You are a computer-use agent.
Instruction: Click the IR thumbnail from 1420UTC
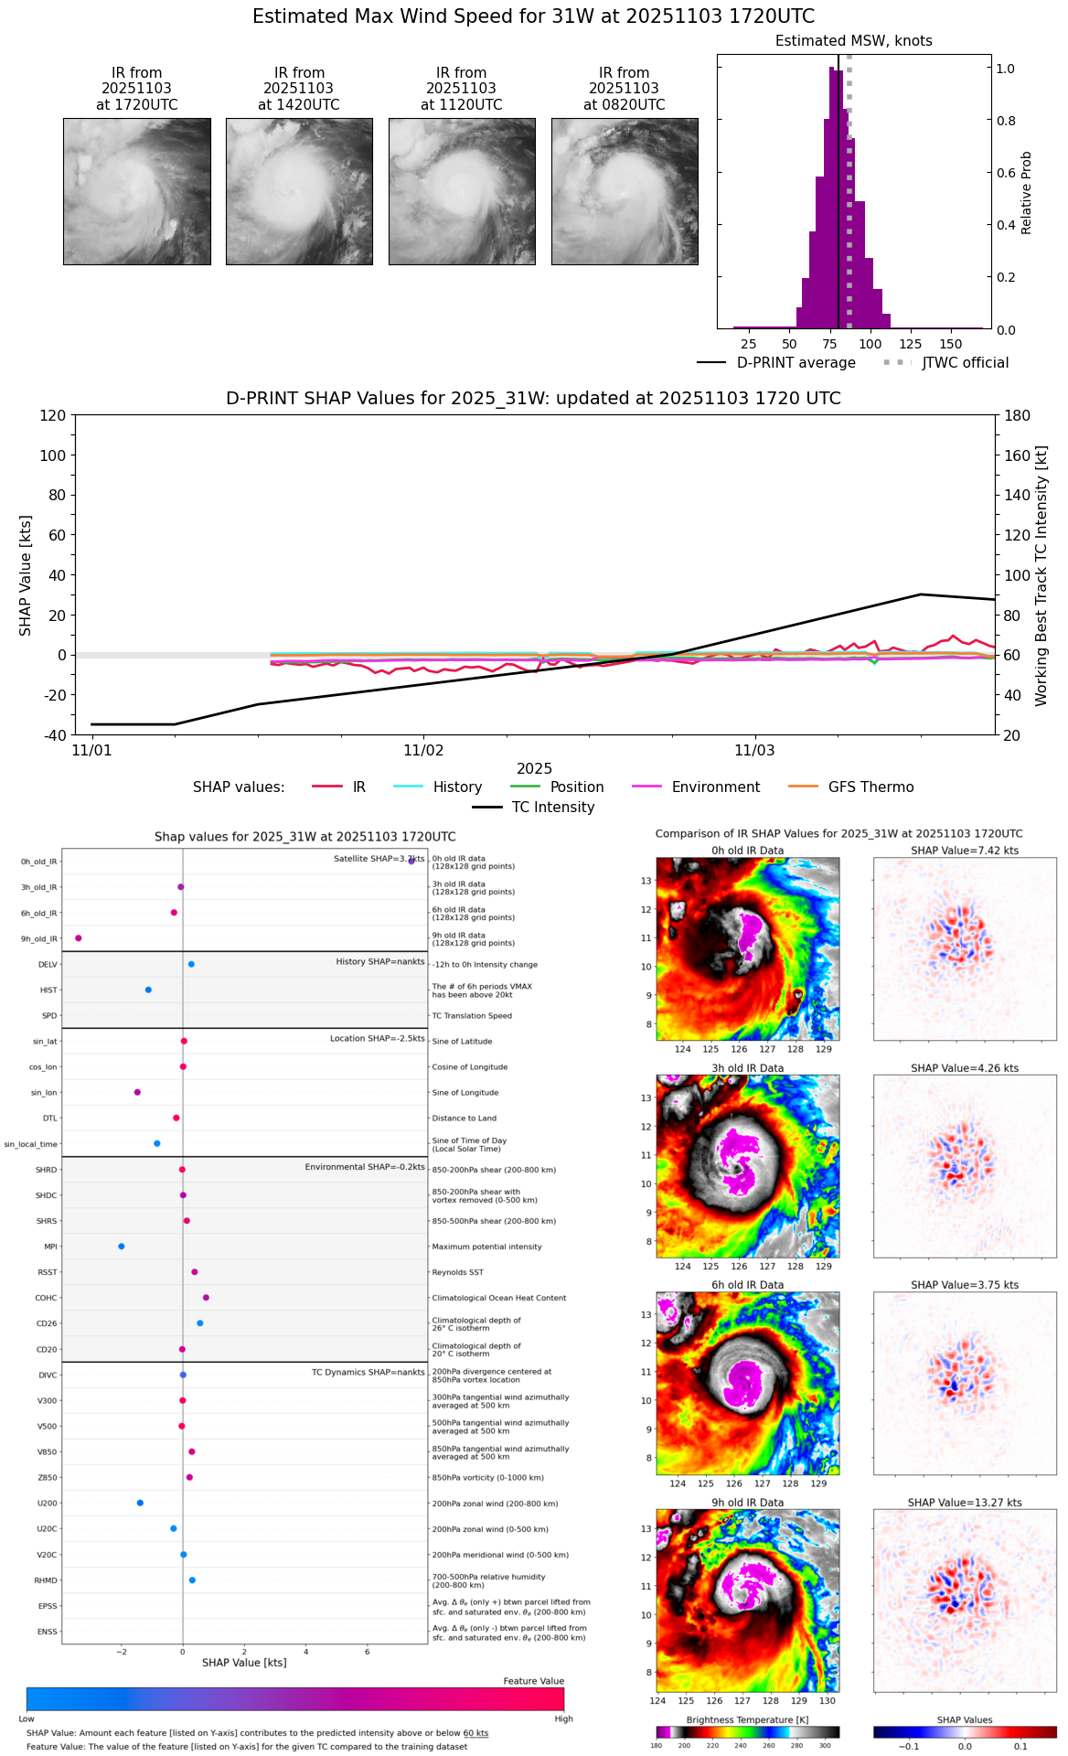tap(299, 191)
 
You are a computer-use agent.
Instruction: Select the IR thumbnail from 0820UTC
tap(625, 191)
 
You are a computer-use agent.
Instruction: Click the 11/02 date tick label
tap(423, 751)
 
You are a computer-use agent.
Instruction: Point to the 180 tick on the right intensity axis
tap(1018, 415)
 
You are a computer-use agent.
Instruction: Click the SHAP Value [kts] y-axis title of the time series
tap(26, 575)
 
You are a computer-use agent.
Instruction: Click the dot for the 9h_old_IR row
tap(79, 937)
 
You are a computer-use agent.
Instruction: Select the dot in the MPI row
tap(121, 1246)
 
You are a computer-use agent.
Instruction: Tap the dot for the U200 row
tap(140, 1503)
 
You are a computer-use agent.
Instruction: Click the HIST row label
tap(48, 990)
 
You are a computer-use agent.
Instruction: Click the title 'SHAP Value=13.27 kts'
tap(965, 1503)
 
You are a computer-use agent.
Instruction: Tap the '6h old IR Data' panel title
tap(747, 1285)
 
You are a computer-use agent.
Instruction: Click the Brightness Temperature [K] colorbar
tap(747, 1731)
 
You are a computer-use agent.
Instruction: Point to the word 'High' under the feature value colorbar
tap(563, 1719)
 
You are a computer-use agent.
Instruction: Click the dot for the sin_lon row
tap(137, 1092)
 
